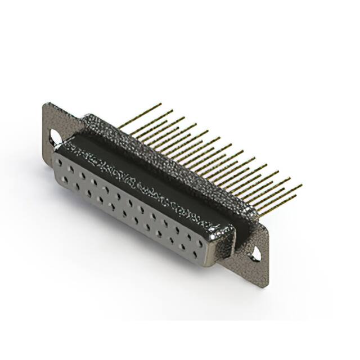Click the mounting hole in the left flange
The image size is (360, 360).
[56, 136]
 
